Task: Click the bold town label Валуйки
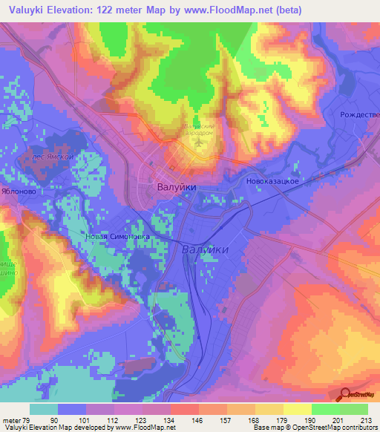[177, 188]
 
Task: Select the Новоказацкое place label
[272, 181]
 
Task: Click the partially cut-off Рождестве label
[359, 115]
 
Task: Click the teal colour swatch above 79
[44, 409]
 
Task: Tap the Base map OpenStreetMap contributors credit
[314, 428]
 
